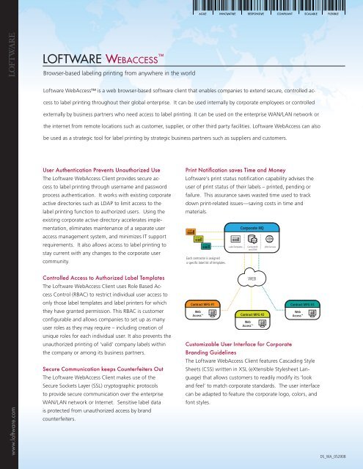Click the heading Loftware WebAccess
click(x=101, y=59)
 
